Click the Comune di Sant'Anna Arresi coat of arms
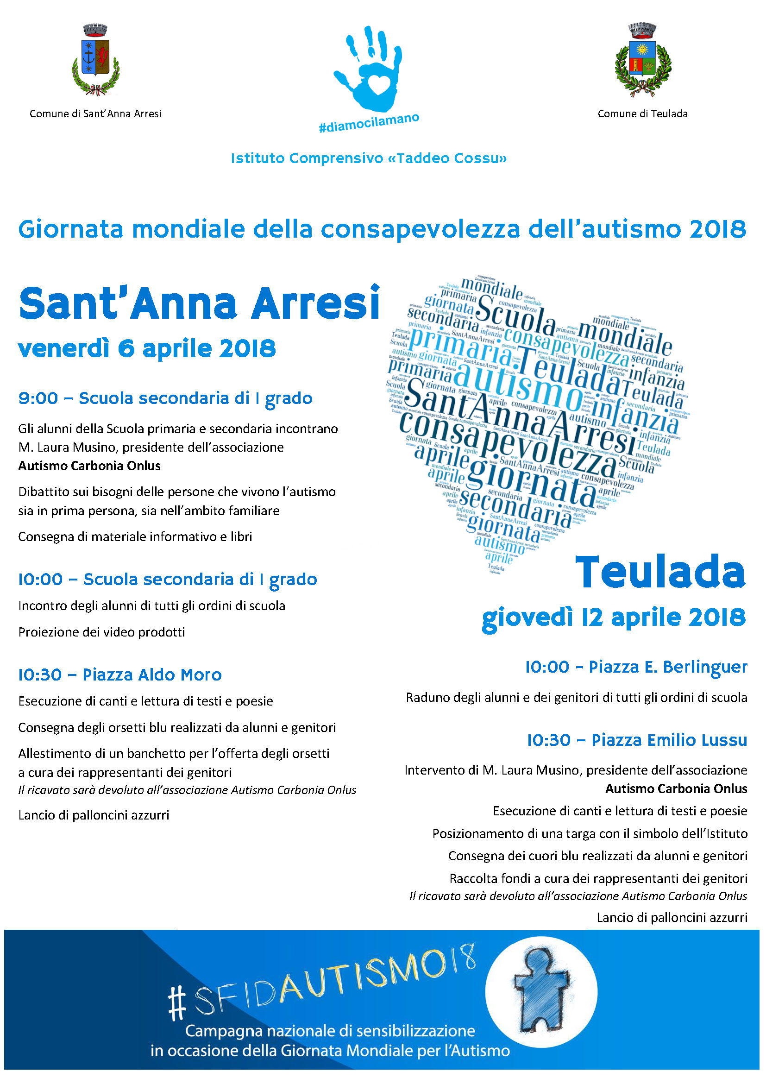(x=96, y=60)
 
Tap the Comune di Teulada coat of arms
(x=642, y=60)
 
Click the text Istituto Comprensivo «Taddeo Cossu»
(x=368, y=158)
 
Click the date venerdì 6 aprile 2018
(x=147, y=349)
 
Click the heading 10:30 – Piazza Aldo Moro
(x=120, y=675)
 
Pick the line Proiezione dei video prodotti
(x=101, y=632)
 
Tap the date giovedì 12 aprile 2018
(x=614, y=617)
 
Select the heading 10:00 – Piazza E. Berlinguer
(x=636, y=667)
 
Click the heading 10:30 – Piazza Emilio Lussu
(x=637, y=740)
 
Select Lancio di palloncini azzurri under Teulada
(x=672, y=917)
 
